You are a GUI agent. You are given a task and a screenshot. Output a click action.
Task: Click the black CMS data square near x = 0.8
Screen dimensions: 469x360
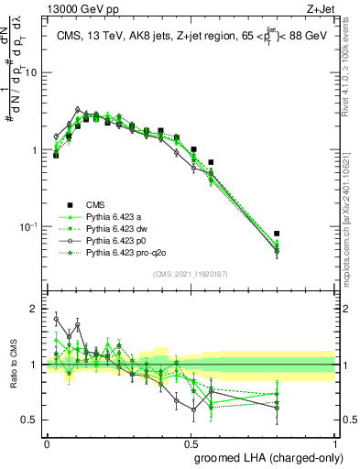click(278, 234)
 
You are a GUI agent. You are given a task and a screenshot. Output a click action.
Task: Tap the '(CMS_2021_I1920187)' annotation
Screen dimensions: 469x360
click(191, 272)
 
